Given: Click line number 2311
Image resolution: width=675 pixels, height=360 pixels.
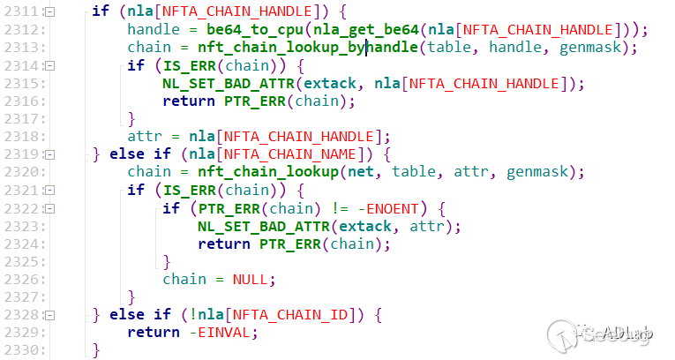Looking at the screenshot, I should pyautogui.click(x=20, y=11).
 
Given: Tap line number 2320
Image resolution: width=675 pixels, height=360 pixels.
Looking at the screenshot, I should pyautogui.click(x=20, y=172).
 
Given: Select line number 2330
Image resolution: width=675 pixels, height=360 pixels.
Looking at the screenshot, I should pyautogui.click(x=20, y=350).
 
